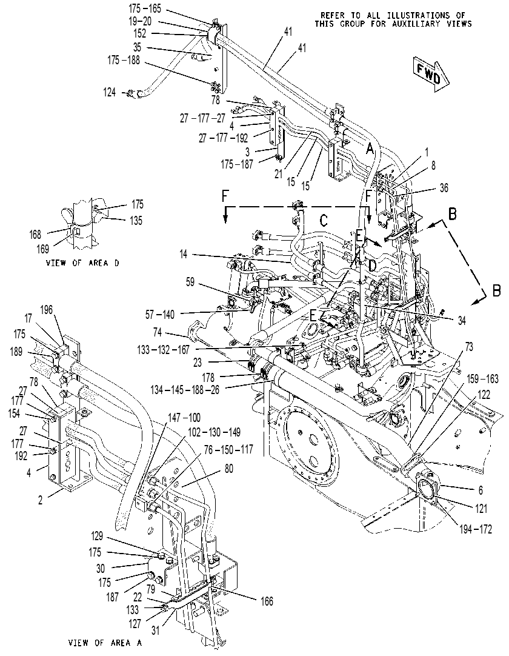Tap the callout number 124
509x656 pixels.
(110, 92)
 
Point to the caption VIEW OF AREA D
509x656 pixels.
(82, 263)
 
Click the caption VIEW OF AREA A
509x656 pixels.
(105, 643)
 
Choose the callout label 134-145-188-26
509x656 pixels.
(185, 390)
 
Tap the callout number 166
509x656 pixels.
(267, 601)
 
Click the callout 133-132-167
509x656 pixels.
(163, 349)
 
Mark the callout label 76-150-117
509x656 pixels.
(228, 450)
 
